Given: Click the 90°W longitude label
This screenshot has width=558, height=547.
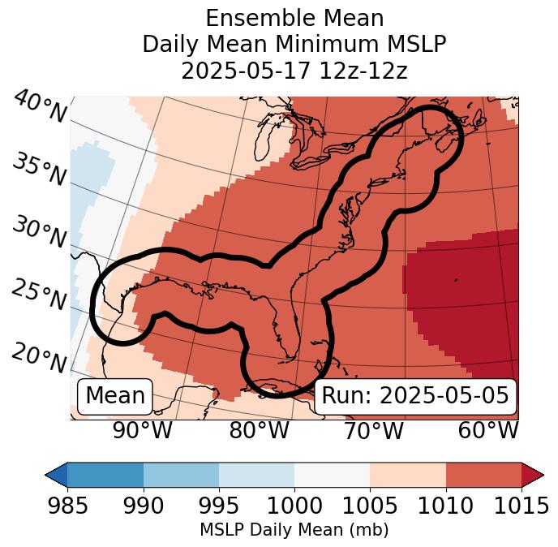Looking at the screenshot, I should point(143,431).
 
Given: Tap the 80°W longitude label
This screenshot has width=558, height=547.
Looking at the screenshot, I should point(259,431).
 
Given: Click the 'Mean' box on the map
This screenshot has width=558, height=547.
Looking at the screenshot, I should point(115,396).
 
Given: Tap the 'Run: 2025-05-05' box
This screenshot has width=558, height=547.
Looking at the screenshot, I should point(415,396).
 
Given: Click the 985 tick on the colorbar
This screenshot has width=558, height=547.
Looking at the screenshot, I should point(67,506).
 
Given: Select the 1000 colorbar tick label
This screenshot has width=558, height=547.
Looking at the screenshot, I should point(294,506).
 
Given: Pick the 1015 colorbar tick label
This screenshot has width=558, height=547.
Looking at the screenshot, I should point(521,506).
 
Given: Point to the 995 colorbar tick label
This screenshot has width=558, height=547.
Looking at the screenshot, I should point(219,506).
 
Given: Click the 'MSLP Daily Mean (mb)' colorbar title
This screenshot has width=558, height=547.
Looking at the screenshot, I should point(294,531).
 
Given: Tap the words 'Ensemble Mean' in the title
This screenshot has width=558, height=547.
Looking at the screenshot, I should point(294,18).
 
